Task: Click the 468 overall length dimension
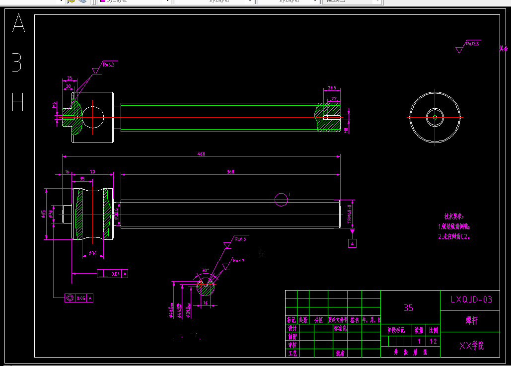(201, 154)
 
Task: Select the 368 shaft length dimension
(230, 172)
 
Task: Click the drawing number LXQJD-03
(471, 299)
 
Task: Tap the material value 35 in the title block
(408, 308)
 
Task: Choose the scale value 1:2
(434, 341)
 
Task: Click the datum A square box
(353, 243)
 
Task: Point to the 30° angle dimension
(205, 271)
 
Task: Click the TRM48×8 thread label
(349, 214)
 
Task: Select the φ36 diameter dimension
(92, 254)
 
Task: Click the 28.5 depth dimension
(332, 88)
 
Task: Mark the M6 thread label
(55, 105)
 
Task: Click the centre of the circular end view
(435, 117)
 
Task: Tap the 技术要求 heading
(453, 217)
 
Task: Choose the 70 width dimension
(93, 172)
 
